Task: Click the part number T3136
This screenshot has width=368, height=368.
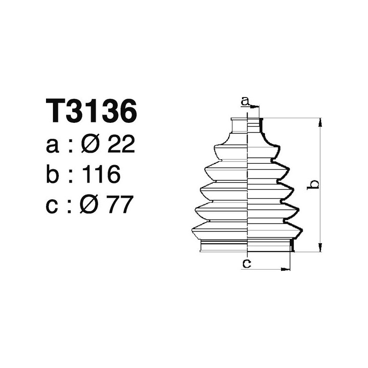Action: pyautogui.click(x=92, y=111)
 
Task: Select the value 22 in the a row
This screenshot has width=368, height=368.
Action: pyautogui.click(x=121, y=145)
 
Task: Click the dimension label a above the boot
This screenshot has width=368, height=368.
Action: pyautogui.click(x=246, y=100)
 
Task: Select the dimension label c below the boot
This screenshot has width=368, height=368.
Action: pyautogui.click(x=246, y=264)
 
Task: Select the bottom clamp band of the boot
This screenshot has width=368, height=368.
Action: pyautogui.click(x=247, y=247)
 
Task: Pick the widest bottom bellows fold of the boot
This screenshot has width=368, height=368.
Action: pyautogui.click(x=247, y=230)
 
